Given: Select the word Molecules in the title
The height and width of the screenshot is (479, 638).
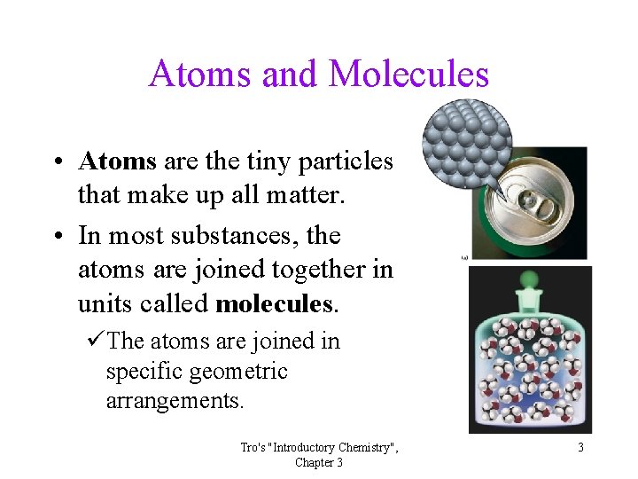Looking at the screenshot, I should [x=408, y=74].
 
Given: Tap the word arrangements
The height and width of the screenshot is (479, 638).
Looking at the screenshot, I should [x=175, y=401].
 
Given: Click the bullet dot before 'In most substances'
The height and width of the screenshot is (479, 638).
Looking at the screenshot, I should [x=56, y=237].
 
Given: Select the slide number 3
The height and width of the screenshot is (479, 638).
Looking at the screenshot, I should [x=580, y=447].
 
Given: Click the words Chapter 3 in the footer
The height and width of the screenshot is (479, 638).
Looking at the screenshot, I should [x=319, y=462].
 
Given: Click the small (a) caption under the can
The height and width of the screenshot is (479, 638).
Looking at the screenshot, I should [x=464, y=257].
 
